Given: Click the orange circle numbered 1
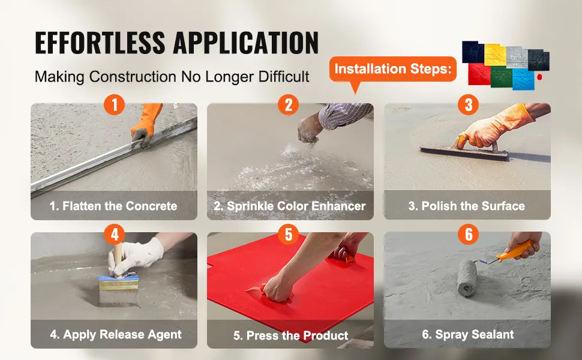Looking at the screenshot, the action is (x=115, y=104).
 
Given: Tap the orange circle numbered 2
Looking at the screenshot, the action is (x=289, y=104).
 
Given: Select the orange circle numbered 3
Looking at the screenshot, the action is (x=469, y=104).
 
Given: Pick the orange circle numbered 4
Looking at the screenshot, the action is (x=115, y=234).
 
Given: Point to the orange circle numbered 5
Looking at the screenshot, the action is (x=289, y=234).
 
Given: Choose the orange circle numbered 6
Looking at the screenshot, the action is (x=469, y=234).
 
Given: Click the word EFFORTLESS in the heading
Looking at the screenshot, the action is (x=100, y=43).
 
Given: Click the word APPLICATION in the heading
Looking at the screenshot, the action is (x=246, y=43).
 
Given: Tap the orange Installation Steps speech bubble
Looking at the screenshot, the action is (x=393, y=70).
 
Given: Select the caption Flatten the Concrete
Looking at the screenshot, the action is (x=113, y=206).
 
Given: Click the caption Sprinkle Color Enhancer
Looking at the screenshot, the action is (x=290, y=206).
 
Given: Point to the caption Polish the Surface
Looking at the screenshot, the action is (x=467, y=206).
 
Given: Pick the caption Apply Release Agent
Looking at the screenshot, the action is (x=116, y=334).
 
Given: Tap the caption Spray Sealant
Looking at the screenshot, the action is (x=467, y=334).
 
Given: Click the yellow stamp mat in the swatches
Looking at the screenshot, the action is (x=495, y=55).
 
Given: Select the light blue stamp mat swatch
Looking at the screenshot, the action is (x=523, y=79).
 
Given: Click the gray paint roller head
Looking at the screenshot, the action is (x=467, y=278).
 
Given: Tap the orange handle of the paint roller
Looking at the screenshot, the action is (x=515, y=251).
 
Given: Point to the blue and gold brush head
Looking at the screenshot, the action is (x=119, y=290).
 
